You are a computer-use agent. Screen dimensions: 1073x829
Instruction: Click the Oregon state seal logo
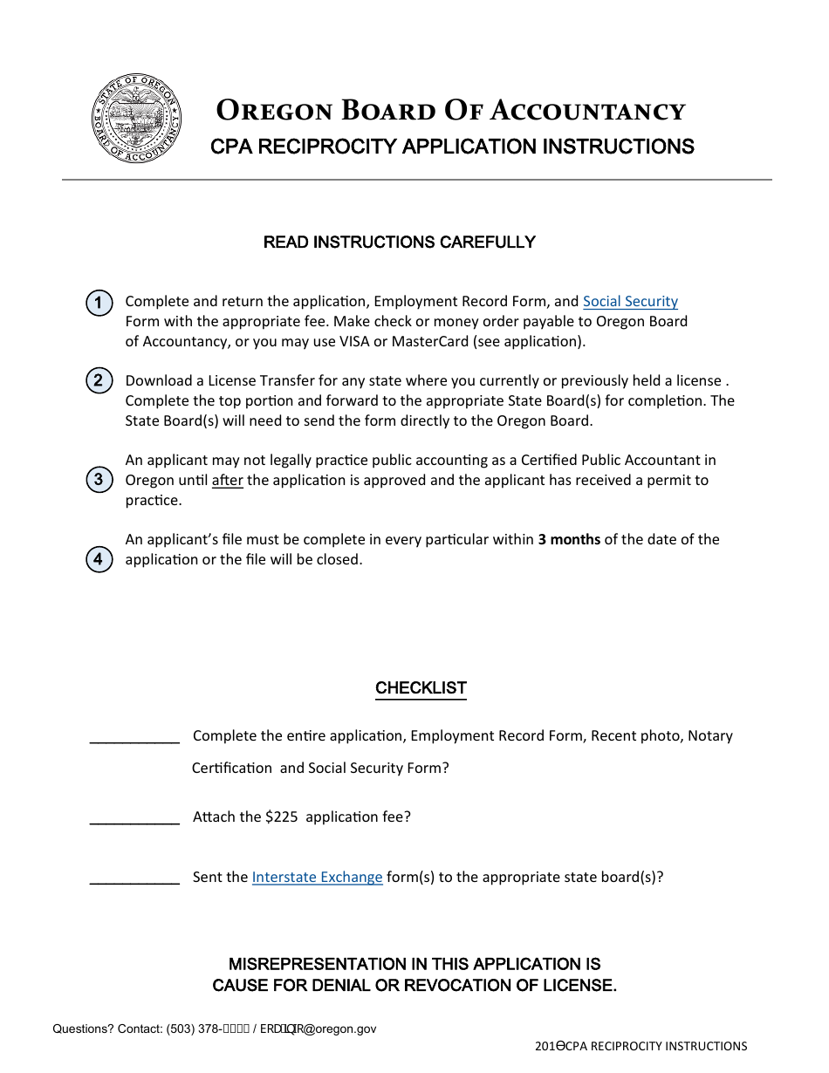point(137,119)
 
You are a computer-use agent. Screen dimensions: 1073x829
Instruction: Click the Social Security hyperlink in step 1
point(630,301)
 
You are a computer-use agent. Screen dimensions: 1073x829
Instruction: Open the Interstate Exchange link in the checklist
point(317,877)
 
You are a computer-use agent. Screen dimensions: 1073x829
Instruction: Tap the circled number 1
point(99,304)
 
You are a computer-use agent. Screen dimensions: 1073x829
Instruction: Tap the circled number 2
point(99,380)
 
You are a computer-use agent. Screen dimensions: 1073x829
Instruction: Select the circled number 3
point(99,480)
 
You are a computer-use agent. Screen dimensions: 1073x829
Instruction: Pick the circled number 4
point(99,559)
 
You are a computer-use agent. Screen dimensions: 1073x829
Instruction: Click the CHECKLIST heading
point(421,688)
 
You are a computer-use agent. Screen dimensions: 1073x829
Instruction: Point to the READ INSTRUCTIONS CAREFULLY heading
point(399,243)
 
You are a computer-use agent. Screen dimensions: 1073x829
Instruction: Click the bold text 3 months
point(569,539)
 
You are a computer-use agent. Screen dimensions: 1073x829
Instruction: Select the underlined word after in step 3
point(228,481)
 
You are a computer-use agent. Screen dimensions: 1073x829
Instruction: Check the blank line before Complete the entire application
point(134,740)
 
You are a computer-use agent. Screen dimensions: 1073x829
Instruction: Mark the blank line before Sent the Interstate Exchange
point(134,881)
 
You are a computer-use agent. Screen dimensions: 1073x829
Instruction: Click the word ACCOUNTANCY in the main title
point(587,112)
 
